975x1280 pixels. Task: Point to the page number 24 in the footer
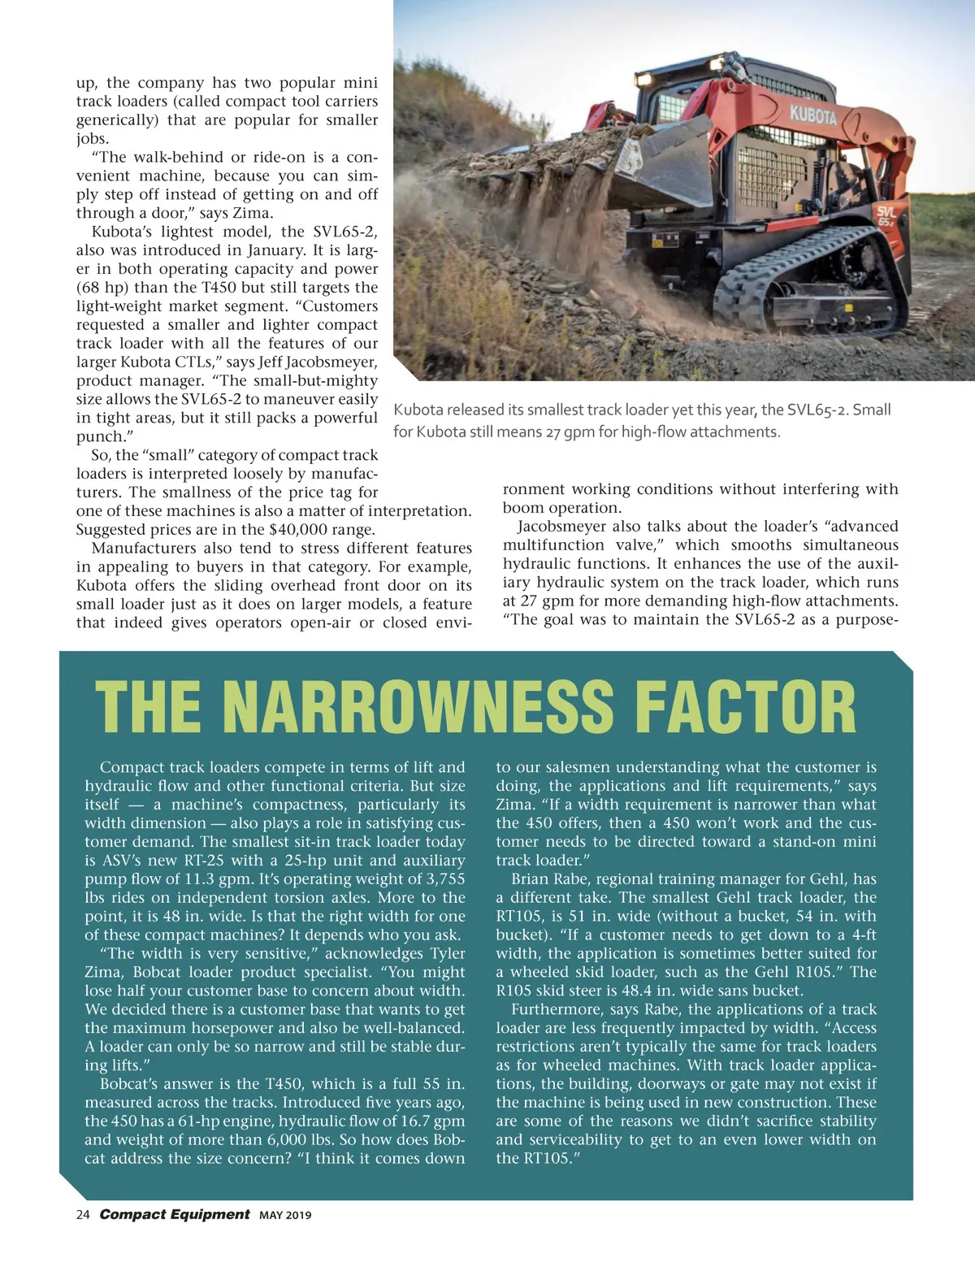pos(82,1215)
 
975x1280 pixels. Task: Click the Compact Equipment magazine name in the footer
pos(175,1214)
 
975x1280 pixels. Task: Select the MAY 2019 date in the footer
pos(285,1216)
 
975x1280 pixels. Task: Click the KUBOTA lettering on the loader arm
pos(813,115)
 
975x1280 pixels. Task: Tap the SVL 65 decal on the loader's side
pos(886,216)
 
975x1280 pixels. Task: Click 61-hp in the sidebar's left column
pos(200,1122)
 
